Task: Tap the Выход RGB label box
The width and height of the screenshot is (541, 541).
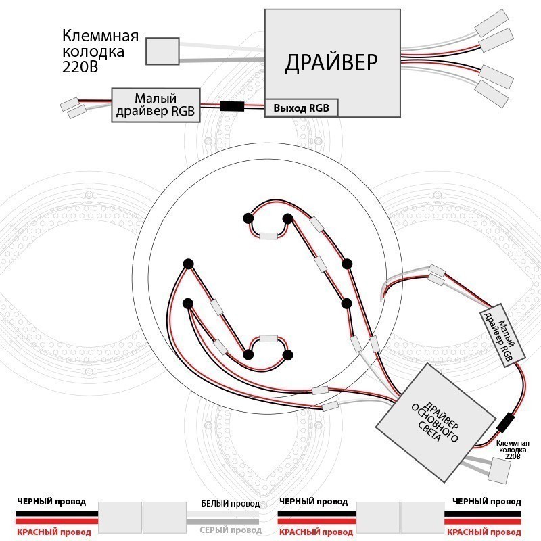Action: click(x=301, y=108)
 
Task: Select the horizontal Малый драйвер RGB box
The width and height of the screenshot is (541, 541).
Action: click(x=156, y=105)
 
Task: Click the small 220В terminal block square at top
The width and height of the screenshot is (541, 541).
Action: click(x=162, y=51)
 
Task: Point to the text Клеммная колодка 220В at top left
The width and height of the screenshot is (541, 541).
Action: click(x=100, y=51)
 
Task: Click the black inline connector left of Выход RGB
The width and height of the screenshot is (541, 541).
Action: click(x=232, y=106)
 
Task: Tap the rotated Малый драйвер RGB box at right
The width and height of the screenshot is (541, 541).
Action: click(x=502, y=335)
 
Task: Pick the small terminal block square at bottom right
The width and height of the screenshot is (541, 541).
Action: click(x=499, y=470)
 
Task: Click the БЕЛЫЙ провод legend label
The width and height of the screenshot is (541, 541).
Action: click(x=231, y=504)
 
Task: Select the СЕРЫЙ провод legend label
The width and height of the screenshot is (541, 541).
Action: click(x=231, y=530)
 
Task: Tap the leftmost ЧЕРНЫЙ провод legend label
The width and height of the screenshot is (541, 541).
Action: click(x=51, y=502)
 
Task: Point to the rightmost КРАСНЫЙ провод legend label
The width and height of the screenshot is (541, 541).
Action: click(x=484, y=532)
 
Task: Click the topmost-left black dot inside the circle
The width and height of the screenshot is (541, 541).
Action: click(x=248, y=218)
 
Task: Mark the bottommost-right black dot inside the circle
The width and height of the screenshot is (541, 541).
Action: click(x=288, y=355)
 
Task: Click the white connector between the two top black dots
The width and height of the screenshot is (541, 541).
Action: click(x=268, y=236)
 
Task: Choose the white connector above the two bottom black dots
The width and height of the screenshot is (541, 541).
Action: click(x=268, y=338)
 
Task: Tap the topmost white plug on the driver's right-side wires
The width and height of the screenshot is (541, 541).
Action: click(x=492, y=23)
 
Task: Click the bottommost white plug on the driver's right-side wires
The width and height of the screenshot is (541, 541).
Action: click(x=492, y=93)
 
